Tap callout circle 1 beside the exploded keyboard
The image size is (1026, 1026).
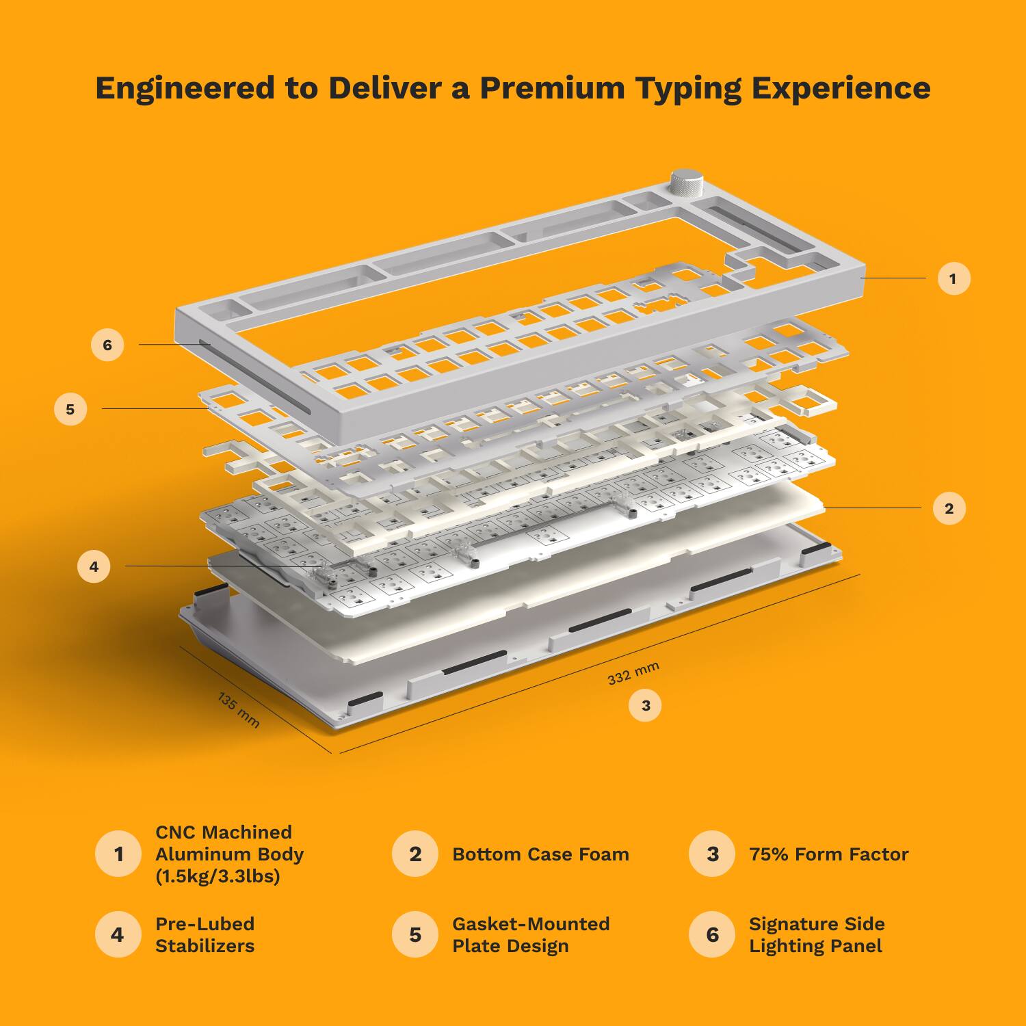953,278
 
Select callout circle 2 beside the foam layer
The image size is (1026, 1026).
949,508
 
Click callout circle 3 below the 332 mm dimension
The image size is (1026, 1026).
645,705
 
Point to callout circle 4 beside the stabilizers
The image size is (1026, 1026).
94,566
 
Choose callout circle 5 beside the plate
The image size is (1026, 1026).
70,410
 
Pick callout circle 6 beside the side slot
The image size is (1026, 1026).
107,345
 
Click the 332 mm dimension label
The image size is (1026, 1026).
633,673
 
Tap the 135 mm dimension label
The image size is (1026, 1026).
238,710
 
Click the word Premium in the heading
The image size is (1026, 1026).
551,88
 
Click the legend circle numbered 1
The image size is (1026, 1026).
118,854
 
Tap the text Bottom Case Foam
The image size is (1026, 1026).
540,854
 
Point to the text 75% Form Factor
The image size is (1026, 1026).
828,854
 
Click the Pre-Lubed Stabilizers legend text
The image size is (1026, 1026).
205,934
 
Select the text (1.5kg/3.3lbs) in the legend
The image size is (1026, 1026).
218,876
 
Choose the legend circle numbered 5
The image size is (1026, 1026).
415,934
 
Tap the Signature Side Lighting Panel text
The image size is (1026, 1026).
816,934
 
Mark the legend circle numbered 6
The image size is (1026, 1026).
712,934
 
